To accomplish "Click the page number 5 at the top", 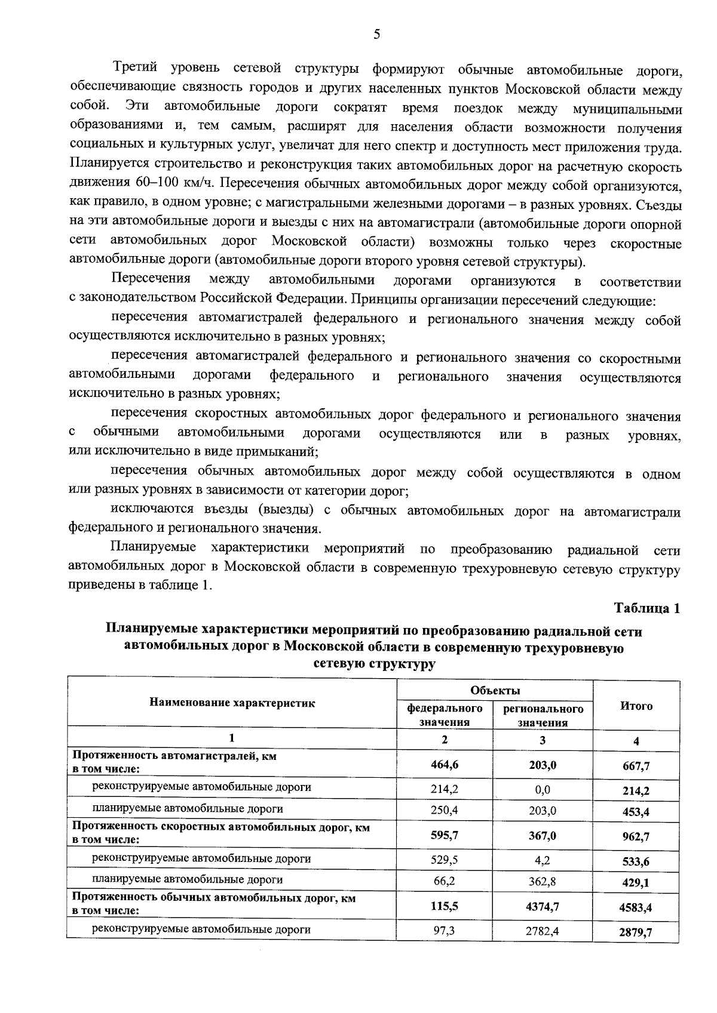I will tap(376, 35).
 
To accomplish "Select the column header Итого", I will tap(636, 706).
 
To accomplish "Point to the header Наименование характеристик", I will tap(232, 703).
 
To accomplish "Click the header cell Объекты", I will tap(495, 691).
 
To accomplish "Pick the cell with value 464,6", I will tap(445, 764).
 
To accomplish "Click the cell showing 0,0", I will tap(543, 789).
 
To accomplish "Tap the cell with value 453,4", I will tap(636, 812).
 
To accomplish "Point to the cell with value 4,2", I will tap(543, 860).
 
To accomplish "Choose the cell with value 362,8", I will tap(543, 880).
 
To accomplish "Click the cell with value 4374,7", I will tap(543, 906).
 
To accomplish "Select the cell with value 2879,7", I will tap(636, 932).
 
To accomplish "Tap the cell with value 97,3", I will tap(445, 930).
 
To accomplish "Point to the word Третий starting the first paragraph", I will tap(135, 68).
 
